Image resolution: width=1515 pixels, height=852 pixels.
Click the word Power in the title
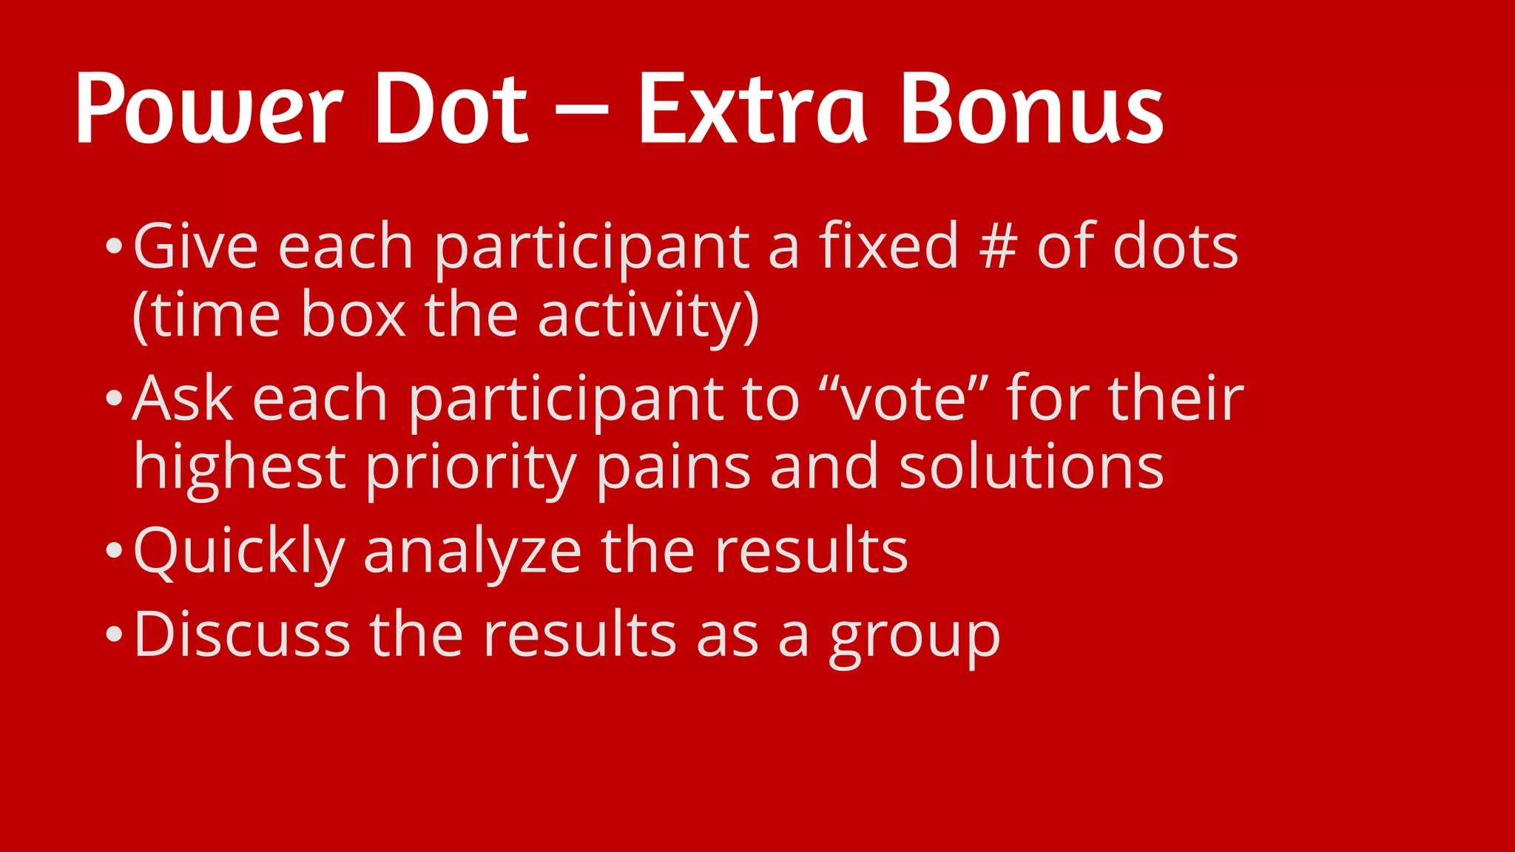pyautogui.click(x=209, y=109)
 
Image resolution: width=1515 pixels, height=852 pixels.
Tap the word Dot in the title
pyautogui.click(x=451, y=109)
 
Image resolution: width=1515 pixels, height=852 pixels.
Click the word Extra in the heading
pyautogui.click(x=752, y=109)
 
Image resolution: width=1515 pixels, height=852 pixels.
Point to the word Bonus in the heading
pyautogui.click(x=1032, y=109)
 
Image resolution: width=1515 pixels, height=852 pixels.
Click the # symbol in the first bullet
pyautogui.click(x=997, y=247)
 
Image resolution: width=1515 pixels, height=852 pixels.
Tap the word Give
pyautogui.click(x=195, y=246)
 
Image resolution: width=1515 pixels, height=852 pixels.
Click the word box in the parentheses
pyautogui.click(x=353, y=315)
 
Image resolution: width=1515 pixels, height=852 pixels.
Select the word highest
pyautogui.click(x=239, y=467)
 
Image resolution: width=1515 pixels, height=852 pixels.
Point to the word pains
pyautogui.click(x=673, y=467)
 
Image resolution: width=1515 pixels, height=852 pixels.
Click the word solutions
pyautogui.click(x=1031, y=467)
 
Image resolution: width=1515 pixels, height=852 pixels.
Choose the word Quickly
pyautogui.click(x=239, y=552)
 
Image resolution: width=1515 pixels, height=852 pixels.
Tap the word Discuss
pyautogui.click(x=241, y=635)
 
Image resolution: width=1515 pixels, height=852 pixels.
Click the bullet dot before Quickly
pyautogui.click(x=113, y=551)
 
